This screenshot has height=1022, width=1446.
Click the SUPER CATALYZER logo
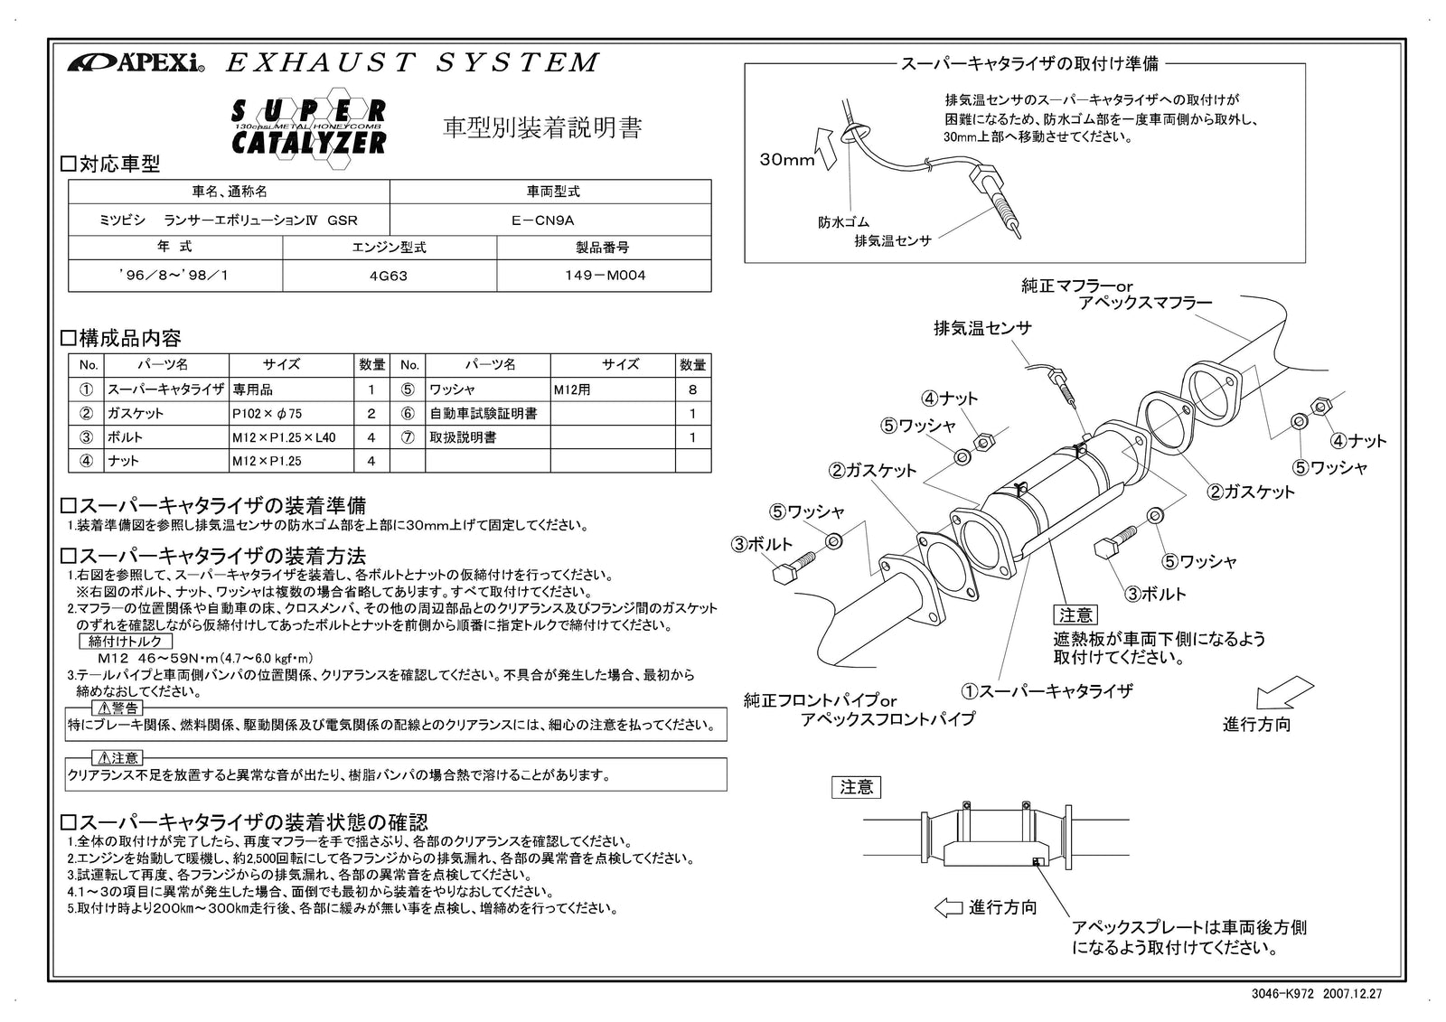pos(309,127)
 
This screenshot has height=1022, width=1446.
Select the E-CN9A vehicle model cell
pos(549,220)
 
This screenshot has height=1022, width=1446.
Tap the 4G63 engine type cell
pos(389,276)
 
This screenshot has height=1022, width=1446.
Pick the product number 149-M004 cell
pos(604,276)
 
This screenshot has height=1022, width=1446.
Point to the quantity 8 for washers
pos(692,389)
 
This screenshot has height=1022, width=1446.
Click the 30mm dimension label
pos(786,160)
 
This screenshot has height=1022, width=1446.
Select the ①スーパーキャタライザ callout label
pos(1047,691)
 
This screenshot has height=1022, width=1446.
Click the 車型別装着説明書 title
pos(541,128)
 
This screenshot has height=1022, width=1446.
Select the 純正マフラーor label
pos(1075,286)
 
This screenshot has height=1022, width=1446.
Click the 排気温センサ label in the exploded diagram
pos(981,328)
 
